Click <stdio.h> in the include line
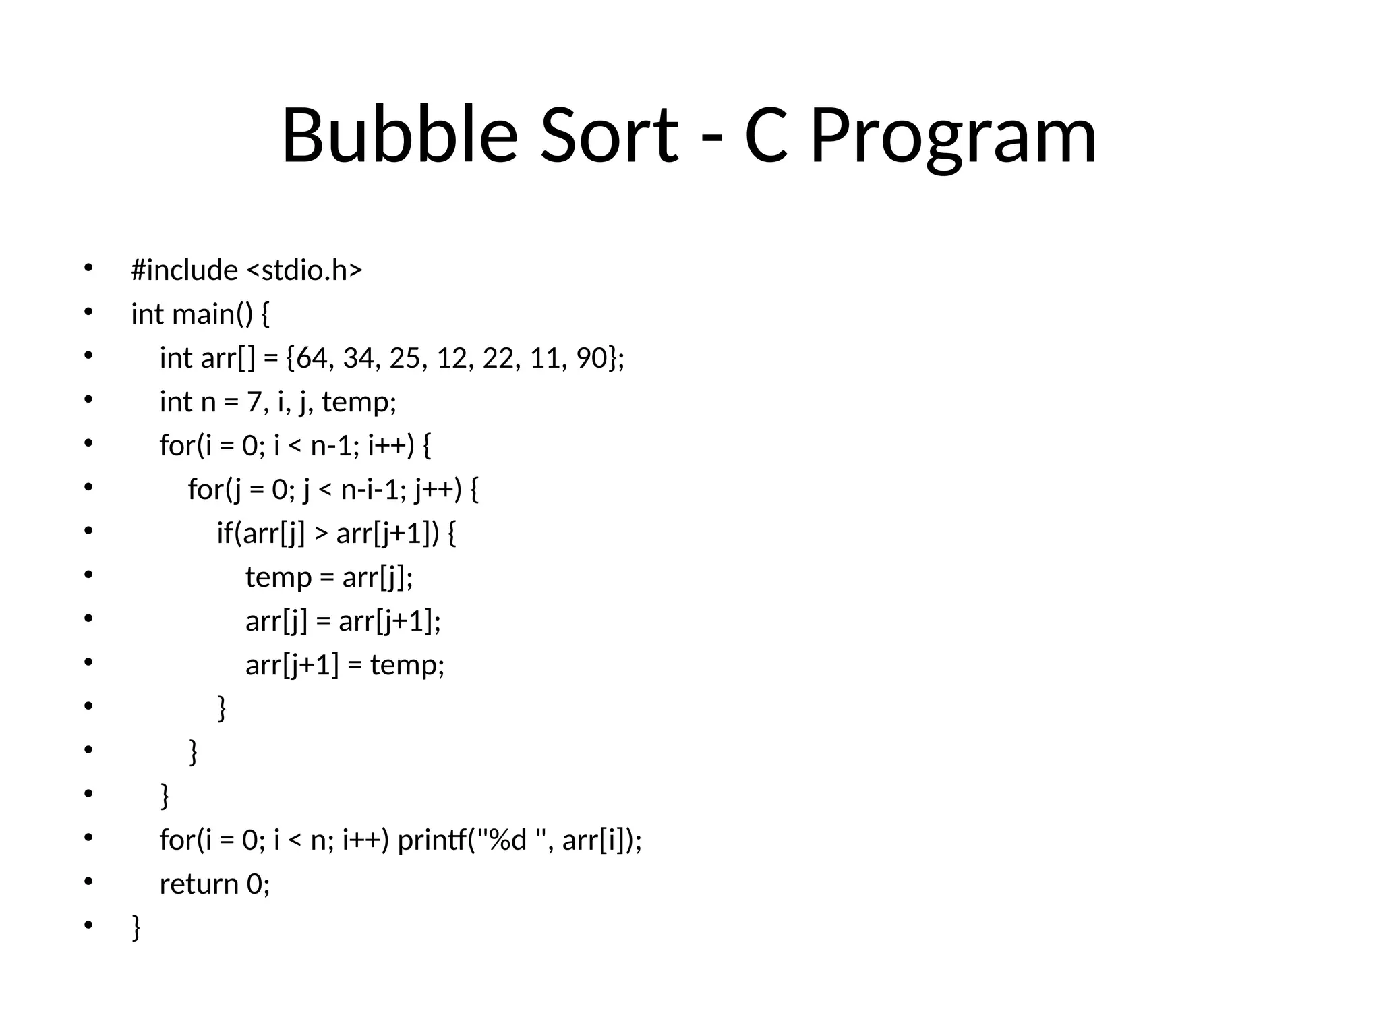coord(304,270)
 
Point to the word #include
coord(184,270)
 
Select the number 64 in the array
coord(311,358)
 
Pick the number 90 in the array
coord(591,358)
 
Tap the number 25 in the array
coord(405,358)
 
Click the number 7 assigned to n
coord(253,402)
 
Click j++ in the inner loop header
coord(434,490)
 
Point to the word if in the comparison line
coord(223,533)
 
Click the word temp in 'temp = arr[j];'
coord(278,577)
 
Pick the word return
coord(199,884)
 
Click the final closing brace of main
coord(136,927)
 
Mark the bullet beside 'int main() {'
coord(88,312)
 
